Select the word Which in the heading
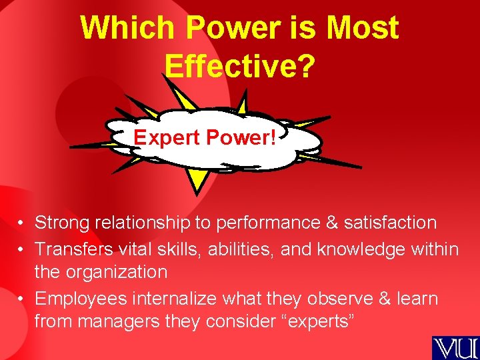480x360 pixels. click(x=127, y=28)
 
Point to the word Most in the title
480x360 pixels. click(x=363, y=28)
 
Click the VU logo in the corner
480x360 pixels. click(x=455, y=347)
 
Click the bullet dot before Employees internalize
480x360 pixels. click(x=22, y=299)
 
